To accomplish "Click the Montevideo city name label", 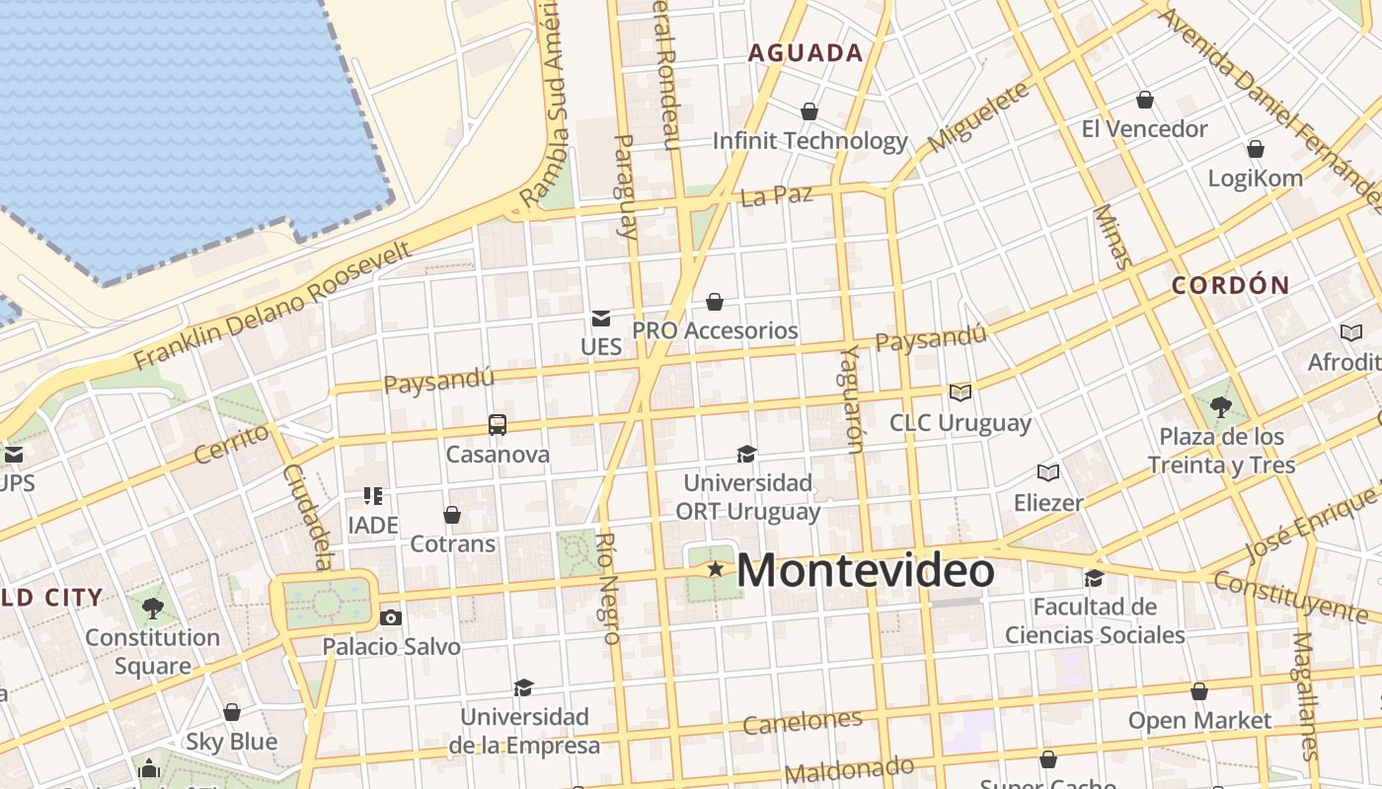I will (x=865, y=571).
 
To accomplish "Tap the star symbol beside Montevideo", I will (x=715, y=569).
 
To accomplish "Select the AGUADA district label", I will (x=806, y=53).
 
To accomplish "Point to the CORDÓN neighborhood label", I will (x=1230, y=286).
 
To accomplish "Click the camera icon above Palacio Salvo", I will (x=391, y=618).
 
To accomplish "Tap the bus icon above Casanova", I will (x=498, y=425).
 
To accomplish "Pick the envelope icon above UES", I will (x=600, y=318).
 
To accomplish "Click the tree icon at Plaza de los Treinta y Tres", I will (x=1221, y=405).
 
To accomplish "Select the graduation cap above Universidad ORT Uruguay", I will (x=747, y=454).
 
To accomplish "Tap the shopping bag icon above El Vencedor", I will (x=1145, y=100).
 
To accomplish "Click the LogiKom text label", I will (x=1256, y=179).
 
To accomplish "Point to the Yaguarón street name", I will (x=852, y=399).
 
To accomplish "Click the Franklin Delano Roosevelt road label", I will (x=272, y=305).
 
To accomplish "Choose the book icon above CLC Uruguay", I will (x=960, y=393).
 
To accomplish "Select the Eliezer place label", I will (x=1048, y=503).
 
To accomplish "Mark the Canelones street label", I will (x=802, y=722).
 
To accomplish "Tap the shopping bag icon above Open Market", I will (x=1199, y=691).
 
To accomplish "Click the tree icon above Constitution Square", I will (x=153, y=608).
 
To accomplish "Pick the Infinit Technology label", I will (x=809, y=141).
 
